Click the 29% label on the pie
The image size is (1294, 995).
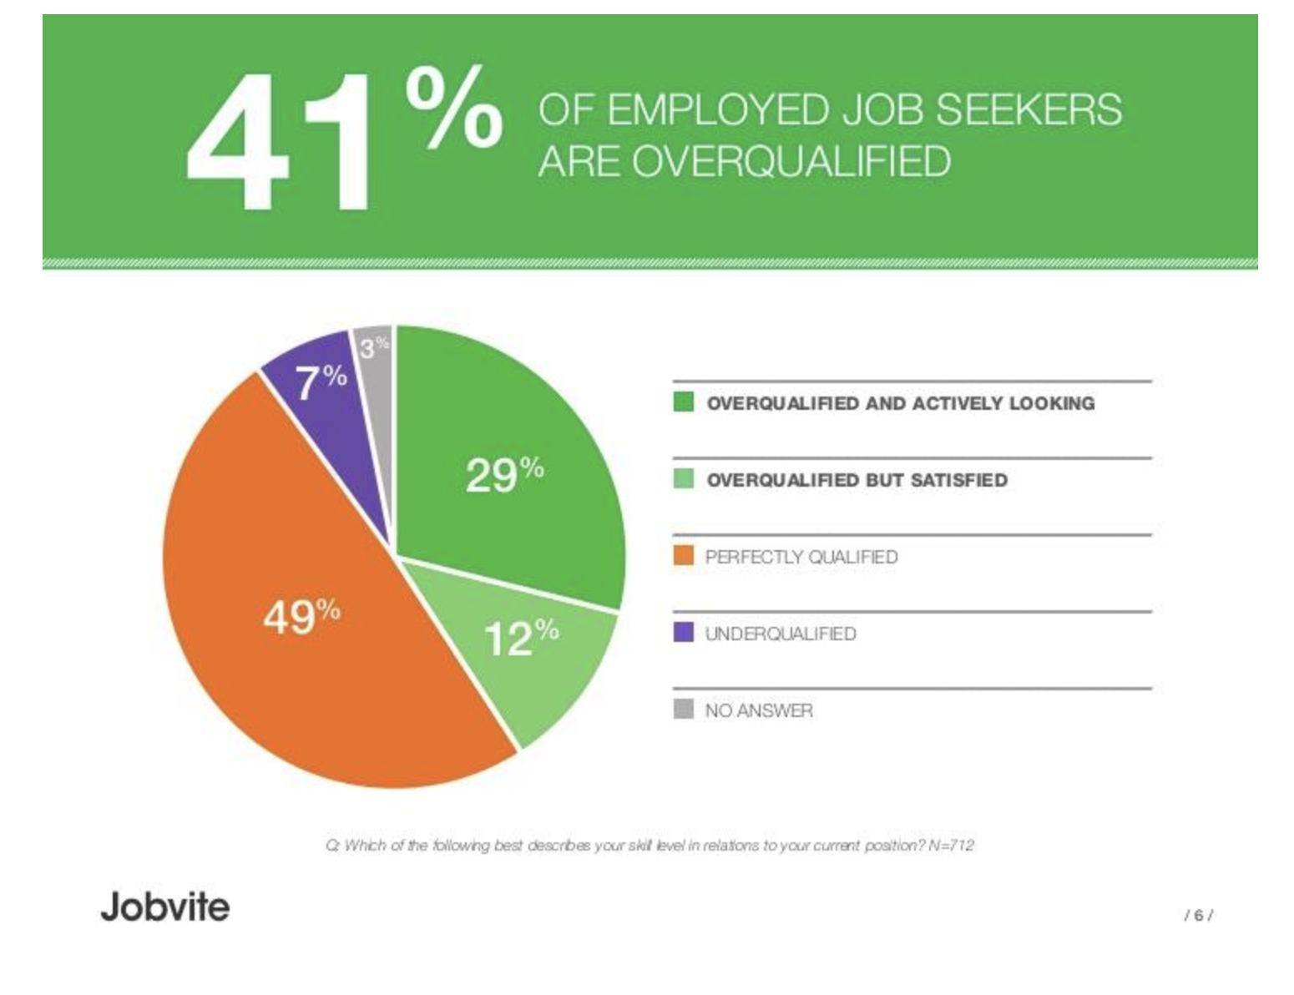tap(504, 474)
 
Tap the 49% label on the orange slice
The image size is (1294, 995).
tap(301, 617)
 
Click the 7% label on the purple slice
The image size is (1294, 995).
tap(321, 381)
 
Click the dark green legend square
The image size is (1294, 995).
tap(683, 402)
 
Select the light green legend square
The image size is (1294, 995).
tap(683, 479)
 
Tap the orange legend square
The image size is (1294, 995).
tap(683, 556)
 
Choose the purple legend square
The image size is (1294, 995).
tap(683, 633)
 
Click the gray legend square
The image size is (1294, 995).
tap(683, 710)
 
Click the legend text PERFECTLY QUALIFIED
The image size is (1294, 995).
tap(801, 557)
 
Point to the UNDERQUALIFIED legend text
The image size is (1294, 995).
tap(781, 634)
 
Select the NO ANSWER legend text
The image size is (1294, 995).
tap(758, 710)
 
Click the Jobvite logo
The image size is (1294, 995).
tap(165, 907)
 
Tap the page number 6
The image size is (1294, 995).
tap(1199, 916)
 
